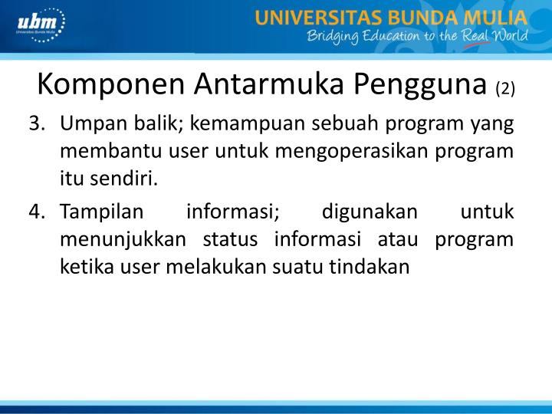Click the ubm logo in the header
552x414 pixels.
click(x=39, y=26)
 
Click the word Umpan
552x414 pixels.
click(x=89, y=125)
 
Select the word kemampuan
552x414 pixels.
click(x=232, y=125)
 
